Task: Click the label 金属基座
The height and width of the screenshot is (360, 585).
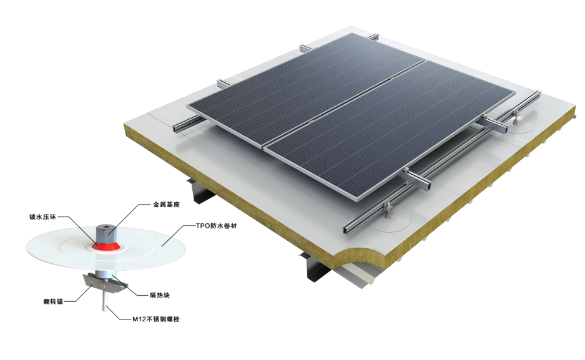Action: coord(167,205)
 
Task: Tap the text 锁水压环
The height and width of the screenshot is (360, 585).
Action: coord(42,217)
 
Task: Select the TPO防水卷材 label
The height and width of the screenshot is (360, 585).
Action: coord(217,226)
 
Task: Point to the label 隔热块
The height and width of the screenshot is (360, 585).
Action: coord(160,296)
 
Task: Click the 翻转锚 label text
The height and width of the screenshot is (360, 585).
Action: coord(53,301)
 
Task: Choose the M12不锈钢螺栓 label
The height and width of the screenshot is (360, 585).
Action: coord(156,319)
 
